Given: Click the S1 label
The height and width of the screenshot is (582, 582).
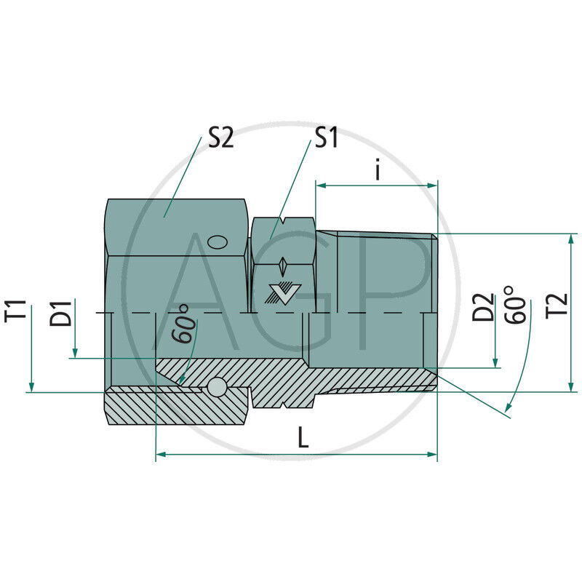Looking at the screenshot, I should pyautogui.click(x=325, y=138).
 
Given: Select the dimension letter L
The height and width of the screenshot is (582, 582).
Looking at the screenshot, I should pyautogui.click(x=303, y=437).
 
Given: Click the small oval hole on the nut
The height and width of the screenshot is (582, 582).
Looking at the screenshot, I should pyautogui.click(x=217, y=242).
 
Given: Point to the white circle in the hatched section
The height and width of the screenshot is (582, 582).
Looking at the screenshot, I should pyautogui.click(x=216, y=388).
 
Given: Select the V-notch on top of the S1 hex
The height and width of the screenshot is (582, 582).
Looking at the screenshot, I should pyautogui.click(x=284, y=219).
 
